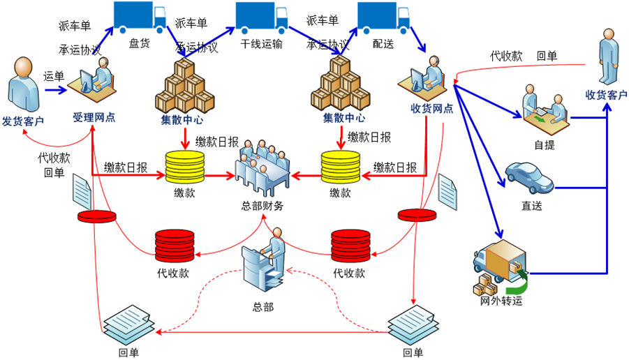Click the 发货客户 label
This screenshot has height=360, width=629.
(x=23, y=121)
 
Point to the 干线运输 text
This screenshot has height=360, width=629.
(x=262, y=44)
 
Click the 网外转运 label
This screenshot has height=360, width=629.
(x=501, y=301)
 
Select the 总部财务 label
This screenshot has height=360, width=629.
(x=262, y=206)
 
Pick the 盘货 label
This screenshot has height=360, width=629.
(x=140, y=44)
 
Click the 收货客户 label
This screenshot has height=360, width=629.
(x=606, y=95)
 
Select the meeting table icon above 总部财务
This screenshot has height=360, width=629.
(x=262, y=167)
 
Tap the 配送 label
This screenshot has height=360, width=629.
(x=383, y=44)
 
